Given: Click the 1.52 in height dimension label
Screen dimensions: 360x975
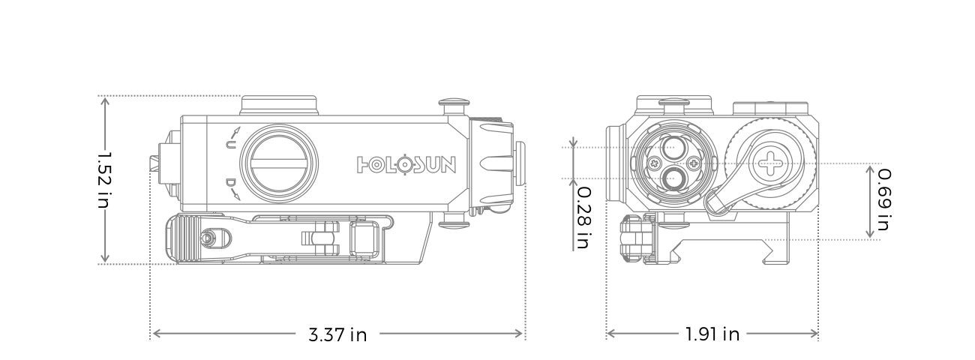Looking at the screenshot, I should [104, 180].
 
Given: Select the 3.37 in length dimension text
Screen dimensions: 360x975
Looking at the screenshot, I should [337, 334].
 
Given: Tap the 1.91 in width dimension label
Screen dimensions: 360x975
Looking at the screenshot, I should [712, 334].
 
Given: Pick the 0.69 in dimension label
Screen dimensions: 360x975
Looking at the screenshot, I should [884, 199].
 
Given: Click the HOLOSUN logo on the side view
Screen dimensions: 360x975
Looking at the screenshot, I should [406, 163].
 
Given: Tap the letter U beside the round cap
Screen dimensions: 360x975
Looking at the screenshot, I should [231, 143].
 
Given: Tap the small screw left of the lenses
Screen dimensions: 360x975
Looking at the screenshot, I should [653, 163].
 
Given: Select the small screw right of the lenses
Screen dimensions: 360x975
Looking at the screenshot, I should [691, 163].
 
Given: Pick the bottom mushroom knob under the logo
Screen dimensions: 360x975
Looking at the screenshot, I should [451, 220].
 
